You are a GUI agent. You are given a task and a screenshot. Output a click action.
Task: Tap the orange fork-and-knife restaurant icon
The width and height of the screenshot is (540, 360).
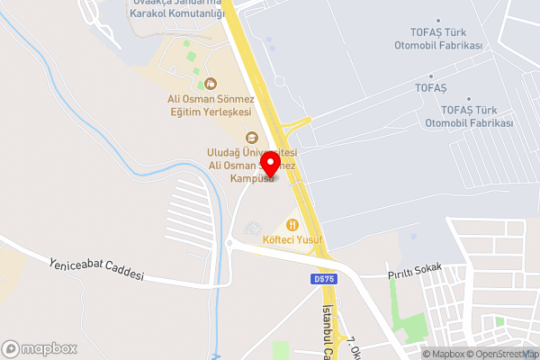point(291,224)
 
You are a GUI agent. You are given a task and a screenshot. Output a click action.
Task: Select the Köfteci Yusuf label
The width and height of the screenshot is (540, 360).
point(292,240)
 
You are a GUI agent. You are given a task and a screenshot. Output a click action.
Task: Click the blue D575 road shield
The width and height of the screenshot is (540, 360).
point(325,279)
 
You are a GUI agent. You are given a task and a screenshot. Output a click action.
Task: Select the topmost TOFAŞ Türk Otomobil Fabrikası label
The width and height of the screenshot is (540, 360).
point(439,40)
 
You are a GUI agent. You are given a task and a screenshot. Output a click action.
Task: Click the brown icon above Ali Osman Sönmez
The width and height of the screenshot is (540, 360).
point(211,83)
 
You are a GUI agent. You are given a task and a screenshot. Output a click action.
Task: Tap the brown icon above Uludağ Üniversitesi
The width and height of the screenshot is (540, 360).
point(252,138)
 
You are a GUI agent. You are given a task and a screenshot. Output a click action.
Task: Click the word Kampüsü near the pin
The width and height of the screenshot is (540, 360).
point(251,178)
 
